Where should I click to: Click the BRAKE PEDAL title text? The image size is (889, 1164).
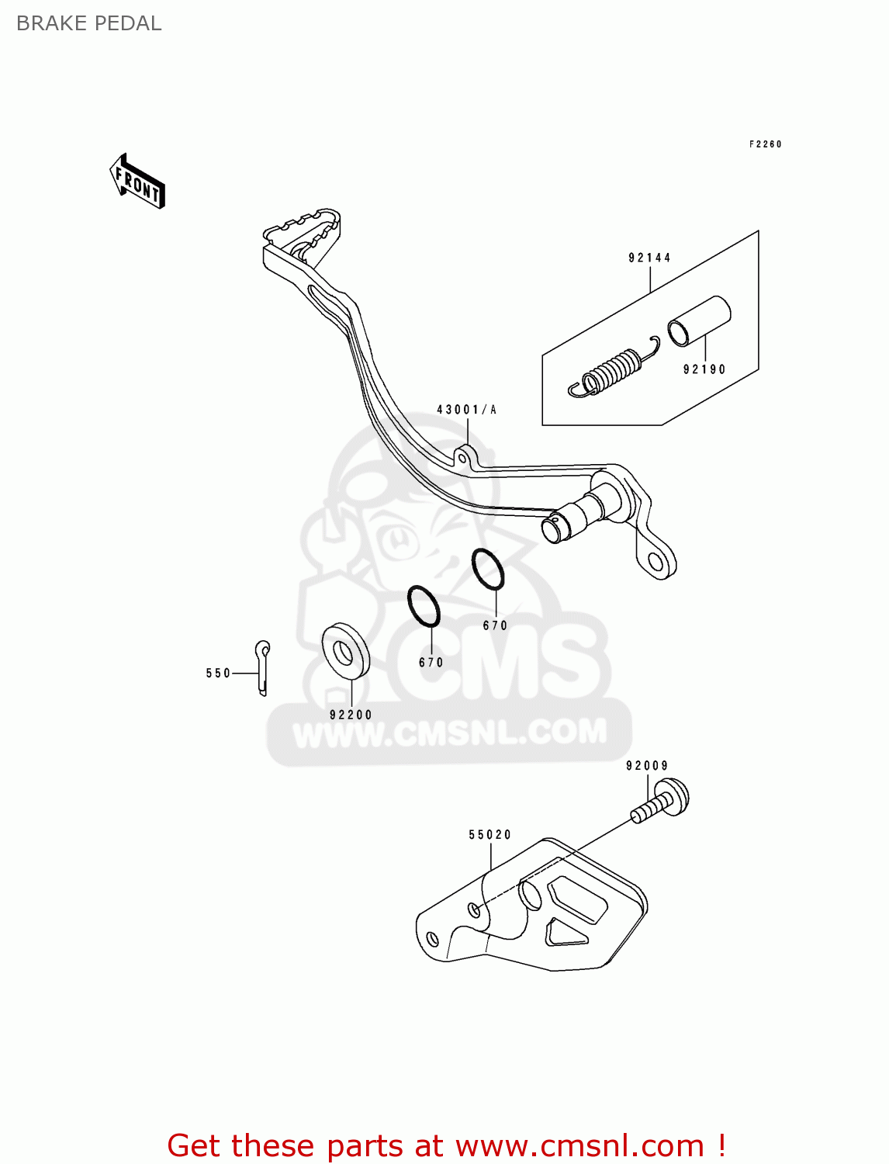tap(88, 23)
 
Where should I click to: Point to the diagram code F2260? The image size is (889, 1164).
tap(765, 144)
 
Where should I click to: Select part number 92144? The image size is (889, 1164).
tap(649, 258)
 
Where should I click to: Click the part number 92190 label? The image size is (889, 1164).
tap(704, 369)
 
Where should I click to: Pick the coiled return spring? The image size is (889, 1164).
tap(613, 371)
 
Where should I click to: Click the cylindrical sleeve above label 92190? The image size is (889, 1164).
tap(699, 320)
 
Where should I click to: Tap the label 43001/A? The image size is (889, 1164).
tap(466, 410)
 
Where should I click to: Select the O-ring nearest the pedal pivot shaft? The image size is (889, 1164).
tap(488, 569)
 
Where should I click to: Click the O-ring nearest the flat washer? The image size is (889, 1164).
tap(424, 605)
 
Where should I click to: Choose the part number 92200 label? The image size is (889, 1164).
tap(351, 715)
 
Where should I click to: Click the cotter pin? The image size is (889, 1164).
tap(264, 667)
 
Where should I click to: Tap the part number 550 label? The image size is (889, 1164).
tap(218, 674)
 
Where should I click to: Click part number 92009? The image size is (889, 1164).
tap(647, 766)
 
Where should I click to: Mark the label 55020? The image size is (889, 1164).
tap(489, 835)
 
